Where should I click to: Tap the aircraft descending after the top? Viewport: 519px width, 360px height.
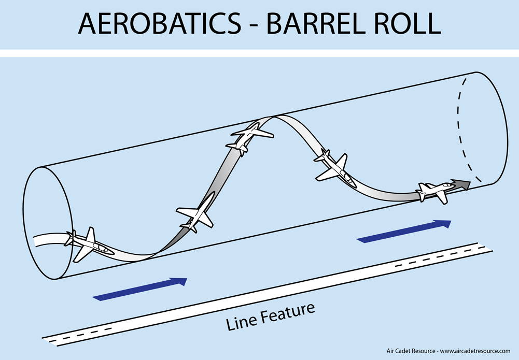coord(333,168)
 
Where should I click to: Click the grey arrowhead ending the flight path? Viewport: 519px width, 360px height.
coord(460,184)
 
